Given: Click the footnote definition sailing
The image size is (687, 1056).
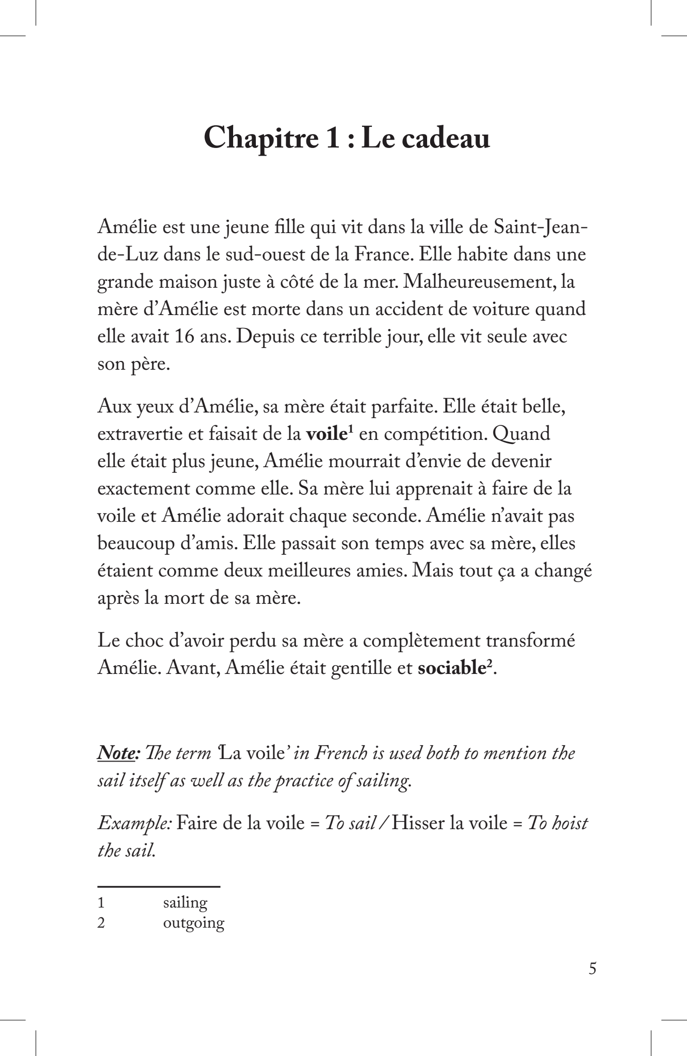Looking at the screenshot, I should click(x=185, y=902).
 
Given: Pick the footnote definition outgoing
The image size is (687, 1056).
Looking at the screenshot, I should click(x=193, y=923).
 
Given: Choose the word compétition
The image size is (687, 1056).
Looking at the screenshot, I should click(x=435, y=434).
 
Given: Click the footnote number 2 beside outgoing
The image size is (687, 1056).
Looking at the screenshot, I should click(x=101, y=923).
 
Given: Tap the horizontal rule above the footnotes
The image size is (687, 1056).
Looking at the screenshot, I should click(x=159, y=886).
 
